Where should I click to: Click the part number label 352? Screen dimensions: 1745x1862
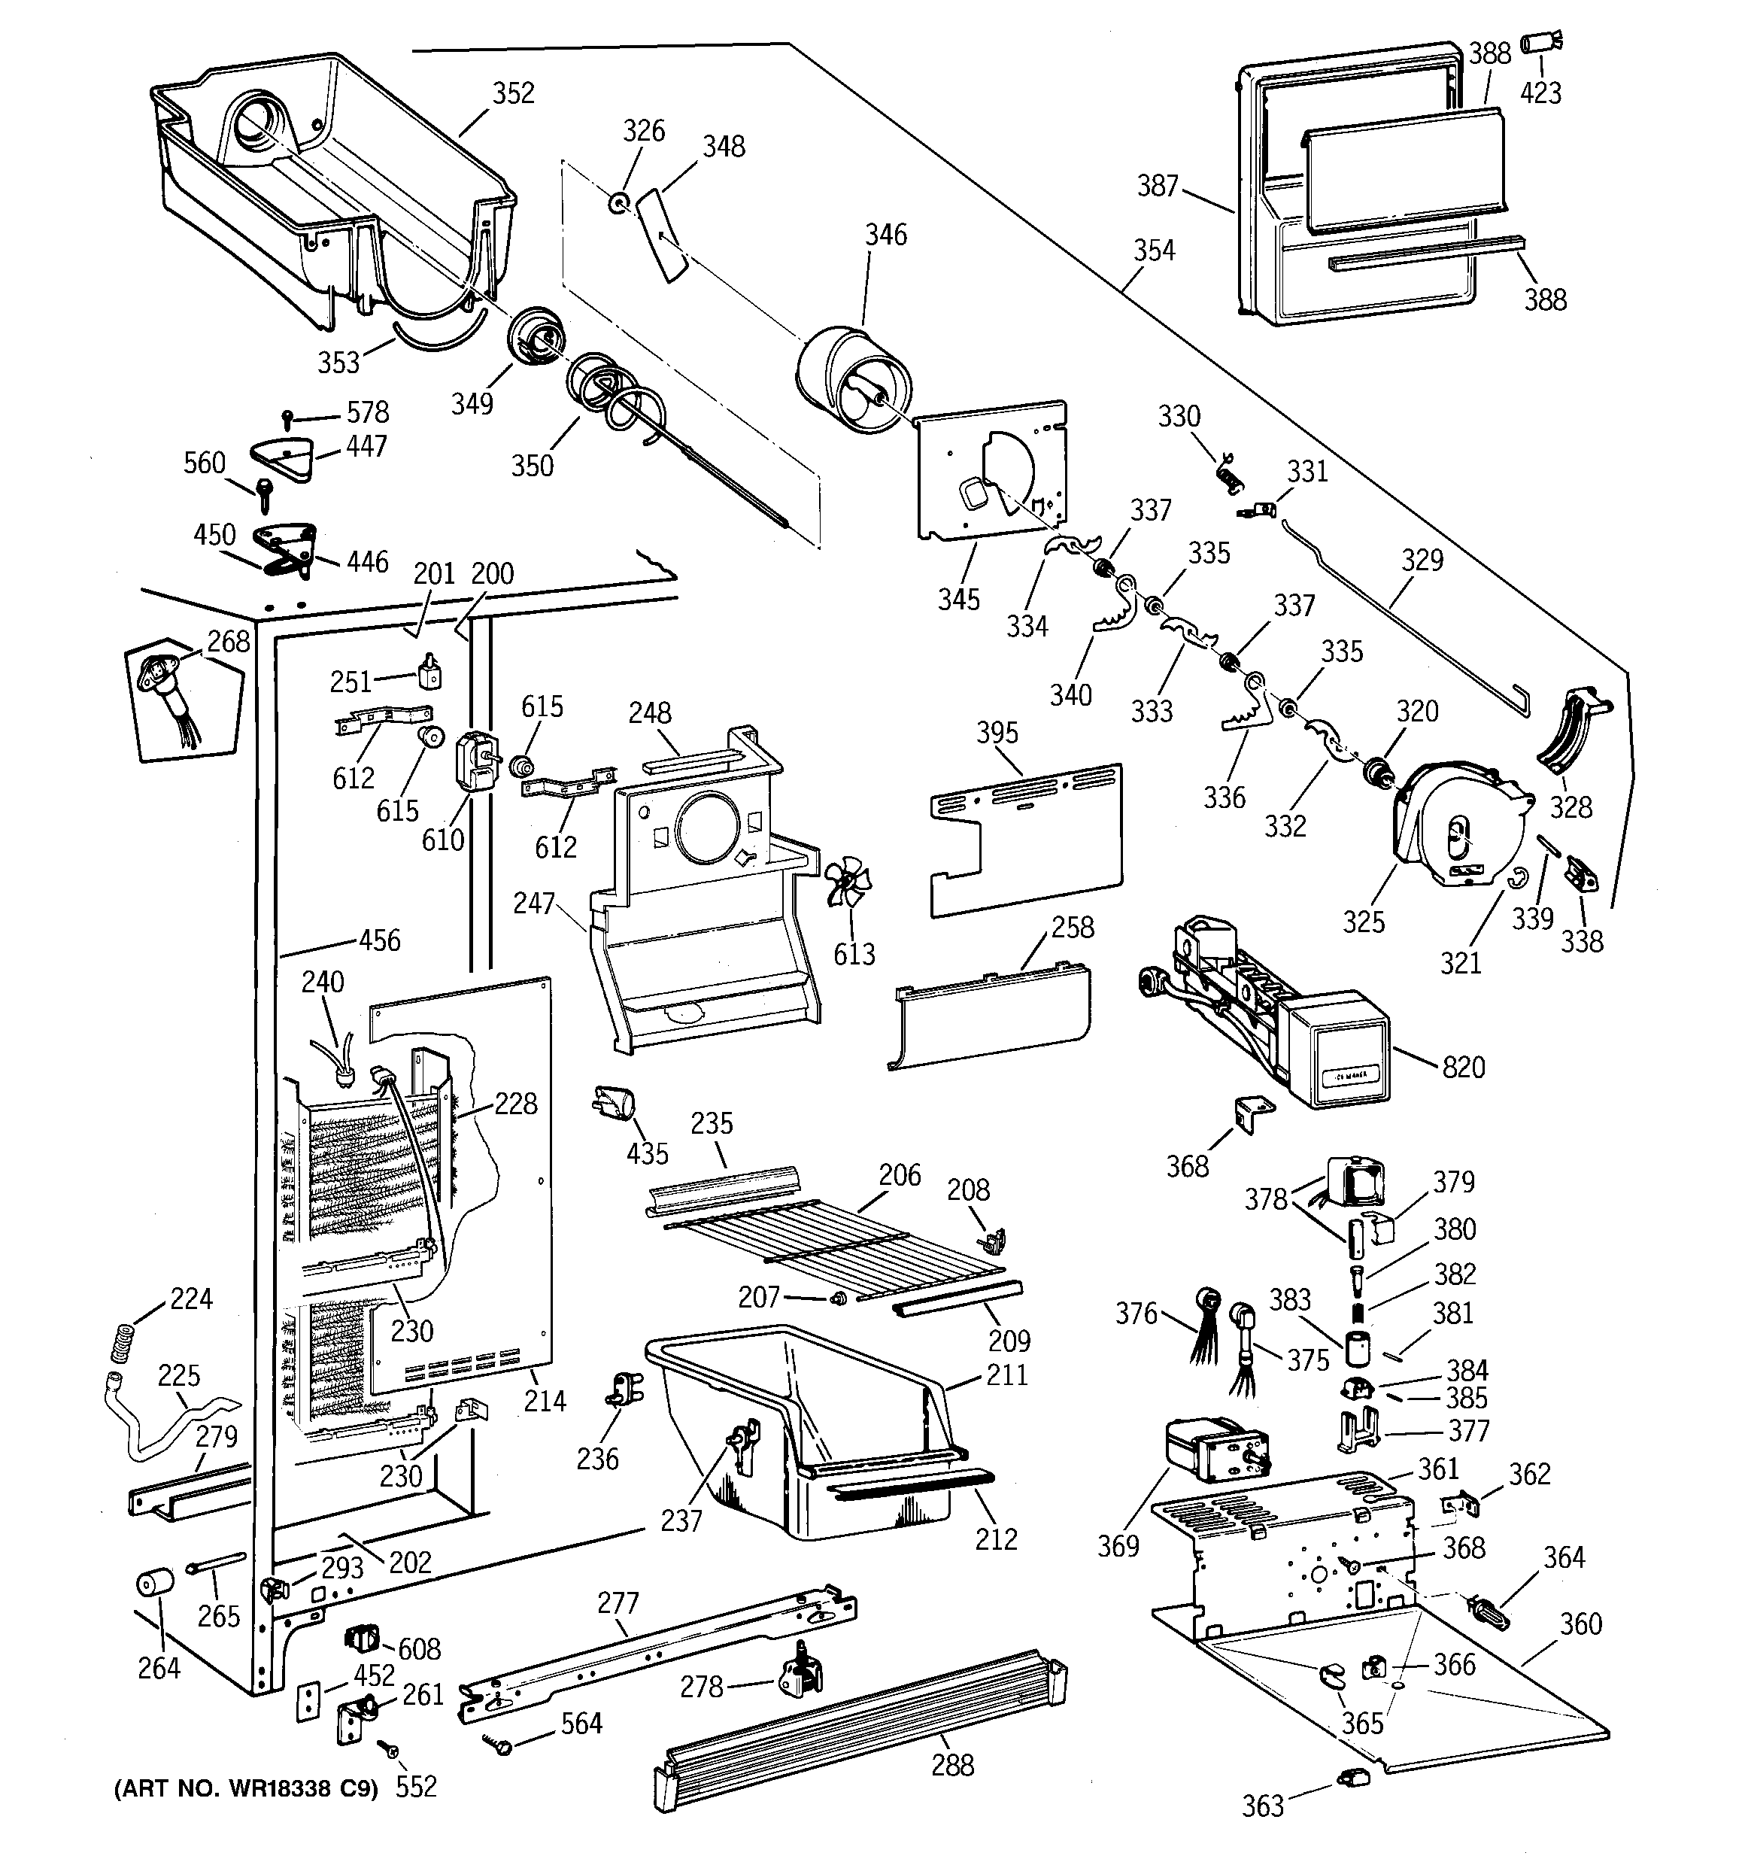[513, 93]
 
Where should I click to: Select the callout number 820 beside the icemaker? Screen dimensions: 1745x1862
[1464, 1067]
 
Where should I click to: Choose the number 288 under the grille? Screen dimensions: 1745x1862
[952, 1765]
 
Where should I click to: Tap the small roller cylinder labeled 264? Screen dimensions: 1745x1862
[156, 1584]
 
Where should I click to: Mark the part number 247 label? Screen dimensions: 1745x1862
[534, 903]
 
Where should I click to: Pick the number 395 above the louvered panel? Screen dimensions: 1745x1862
[997, 733]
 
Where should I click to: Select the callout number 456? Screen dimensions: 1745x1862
[379, 940]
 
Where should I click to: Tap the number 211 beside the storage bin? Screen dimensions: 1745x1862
[1007, 1375]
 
